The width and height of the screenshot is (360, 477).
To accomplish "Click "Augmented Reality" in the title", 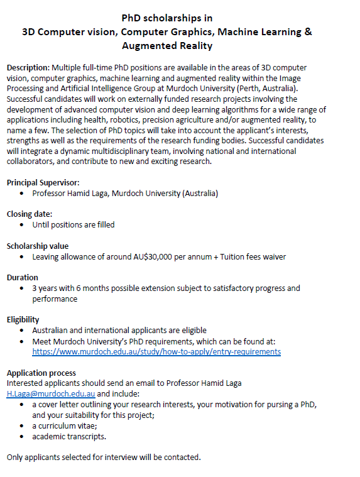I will (167, 46).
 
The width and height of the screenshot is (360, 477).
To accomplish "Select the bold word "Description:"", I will (28, 67).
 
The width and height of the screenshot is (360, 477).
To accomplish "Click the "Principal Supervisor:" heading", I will (43, 182).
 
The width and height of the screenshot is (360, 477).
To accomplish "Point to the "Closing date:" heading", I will (29, 214).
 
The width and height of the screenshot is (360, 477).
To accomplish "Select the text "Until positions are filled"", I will (74, 224).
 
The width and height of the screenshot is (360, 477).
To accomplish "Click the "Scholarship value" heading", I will (37, 246).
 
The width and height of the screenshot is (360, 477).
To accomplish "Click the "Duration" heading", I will (22, 277).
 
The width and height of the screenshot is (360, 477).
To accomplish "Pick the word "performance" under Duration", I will (55, 299).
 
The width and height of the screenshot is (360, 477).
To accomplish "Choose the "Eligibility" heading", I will (23, 319).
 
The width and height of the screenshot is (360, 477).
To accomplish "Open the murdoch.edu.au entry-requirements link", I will (156, 351).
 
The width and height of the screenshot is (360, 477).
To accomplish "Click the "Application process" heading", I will (41, 373).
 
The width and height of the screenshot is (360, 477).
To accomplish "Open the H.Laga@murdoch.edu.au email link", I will (50, 393).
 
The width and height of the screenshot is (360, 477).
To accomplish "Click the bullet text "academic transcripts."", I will (69, 436).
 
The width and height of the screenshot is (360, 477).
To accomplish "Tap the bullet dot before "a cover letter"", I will (23, 405).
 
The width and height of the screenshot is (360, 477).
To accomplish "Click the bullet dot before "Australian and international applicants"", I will (23, 331).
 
